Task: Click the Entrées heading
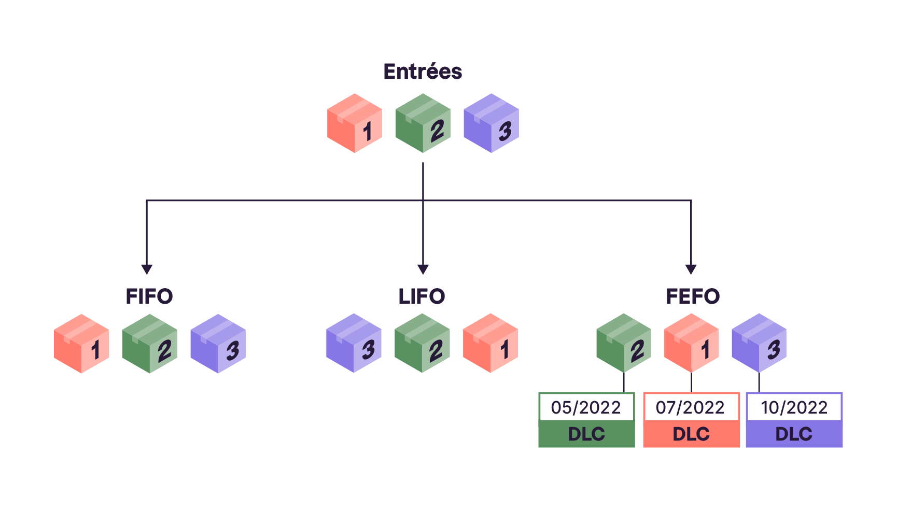[x=423, y=72]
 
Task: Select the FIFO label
[x=149, y=296]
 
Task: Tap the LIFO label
[x=422, y=296]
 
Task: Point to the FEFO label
[x=693, y=296]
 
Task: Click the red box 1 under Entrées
[x=355, y=123]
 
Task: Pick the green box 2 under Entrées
[x=423, y=123]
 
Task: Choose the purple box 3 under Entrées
[x=491, y=123]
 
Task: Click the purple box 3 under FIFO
[x=218, y=344]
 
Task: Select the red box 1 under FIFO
[x=81, y=344]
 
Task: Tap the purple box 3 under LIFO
[x=354, y=343]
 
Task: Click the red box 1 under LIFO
[x=490, y=343]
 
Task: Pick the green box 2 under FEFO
[x=624, y=343]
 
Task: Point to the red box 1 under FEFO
[x=691, y=343]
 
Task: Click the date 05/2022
[x=586, y=408]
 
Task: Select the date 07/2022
[x=690, y=408]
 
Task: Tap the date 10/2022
[x=794, y=408]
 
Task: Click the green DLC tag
[x=586, y=434]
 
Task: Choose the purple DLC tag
[x=794, y=434]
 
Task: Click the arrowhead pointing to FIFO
[x=147, y=269]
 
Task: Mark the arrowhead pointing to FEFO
[x=691, y=269]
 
